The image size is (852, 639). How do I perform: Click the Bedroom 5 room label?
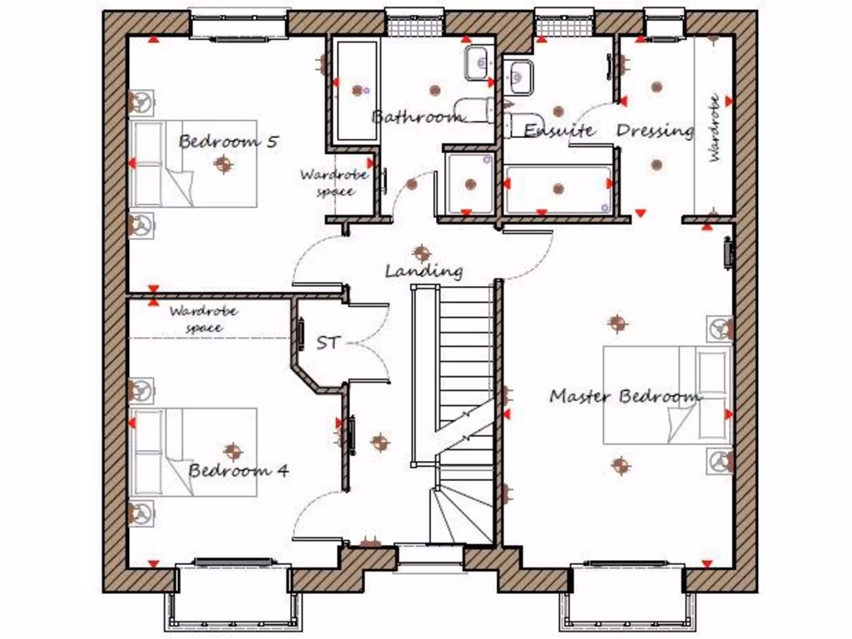[228, 141]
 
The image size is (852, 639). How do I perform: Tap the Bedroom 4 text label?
[238, 470]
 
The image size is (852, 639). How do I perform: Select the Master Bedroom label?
[625, 396]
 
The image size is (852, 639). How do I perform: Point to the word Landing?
[424, 270]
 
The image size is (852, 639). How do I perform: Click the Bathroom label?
[417, 116]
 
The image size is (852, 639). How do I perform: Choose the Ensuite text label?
[558, 131]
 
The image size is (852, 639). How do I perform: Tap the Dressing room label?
[655, 131]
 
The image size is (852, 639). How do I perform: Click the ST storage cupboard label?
[329, 342]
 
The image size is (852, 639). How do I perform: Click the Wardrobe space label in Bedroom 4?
[204, 319]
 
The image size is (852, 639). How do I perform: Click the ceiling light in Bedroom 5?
[222, 165]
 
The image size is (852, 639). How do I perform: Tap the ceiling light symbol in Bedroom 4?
[232, 452]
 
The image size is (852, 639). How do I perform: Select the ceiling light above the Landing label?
[422, 252]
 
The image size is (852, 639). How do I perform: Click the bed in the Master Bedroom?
[666, 395]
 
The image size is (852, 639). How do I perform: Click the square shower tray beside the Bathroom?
[470, 182]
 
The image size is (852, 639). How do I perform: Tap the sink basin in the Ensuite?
[519, 77]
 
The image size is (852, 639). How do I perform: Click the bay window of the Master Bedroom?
[627, 595]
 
